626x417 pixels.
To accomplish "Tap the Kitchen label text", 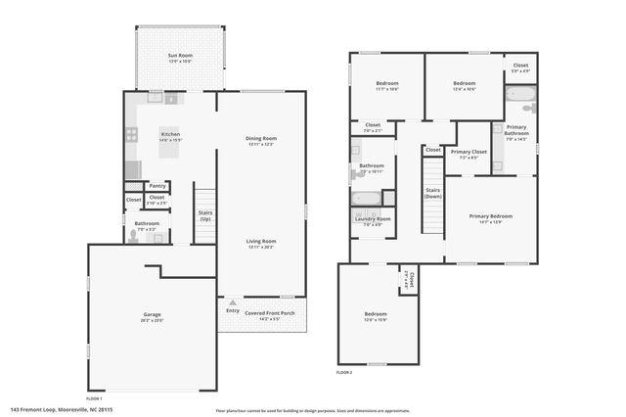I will pos(170,134).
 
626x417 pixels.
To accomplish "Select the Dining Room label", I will pos(261,138).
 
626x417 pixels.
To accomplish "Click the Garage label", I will pos(151,315).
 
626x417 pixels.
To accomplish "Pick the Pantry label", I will pos(156,186).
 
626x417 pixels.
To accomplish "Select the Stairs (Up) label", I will pos(205,215).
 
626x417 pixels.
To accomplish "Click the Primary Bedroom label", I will pos(490,216).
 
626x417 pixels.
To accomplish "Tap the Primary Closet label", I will pos(469,152).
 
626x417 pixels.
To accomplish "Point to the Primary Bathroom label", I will pos(516,131).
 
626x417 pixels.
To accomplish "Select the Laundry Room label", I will pos(372,219).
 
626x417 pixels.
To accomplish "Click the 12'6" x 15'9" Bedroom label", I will pos(376,314).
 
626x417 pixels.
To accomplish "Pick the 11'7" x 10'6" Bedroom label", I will pos(387,83).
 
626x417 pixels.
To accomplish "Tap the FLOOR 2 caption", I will pos(343,373).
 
